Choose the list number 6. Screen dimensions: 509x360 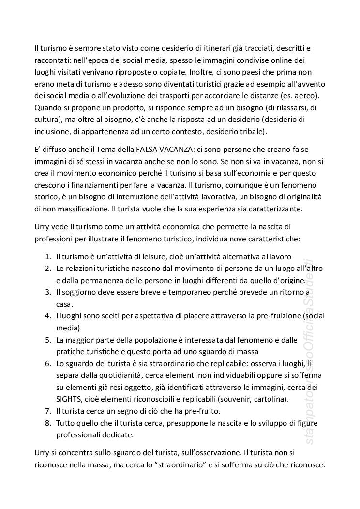[x=48, y=362]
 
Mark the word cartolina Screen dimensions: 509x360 [x=272, y=399]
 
